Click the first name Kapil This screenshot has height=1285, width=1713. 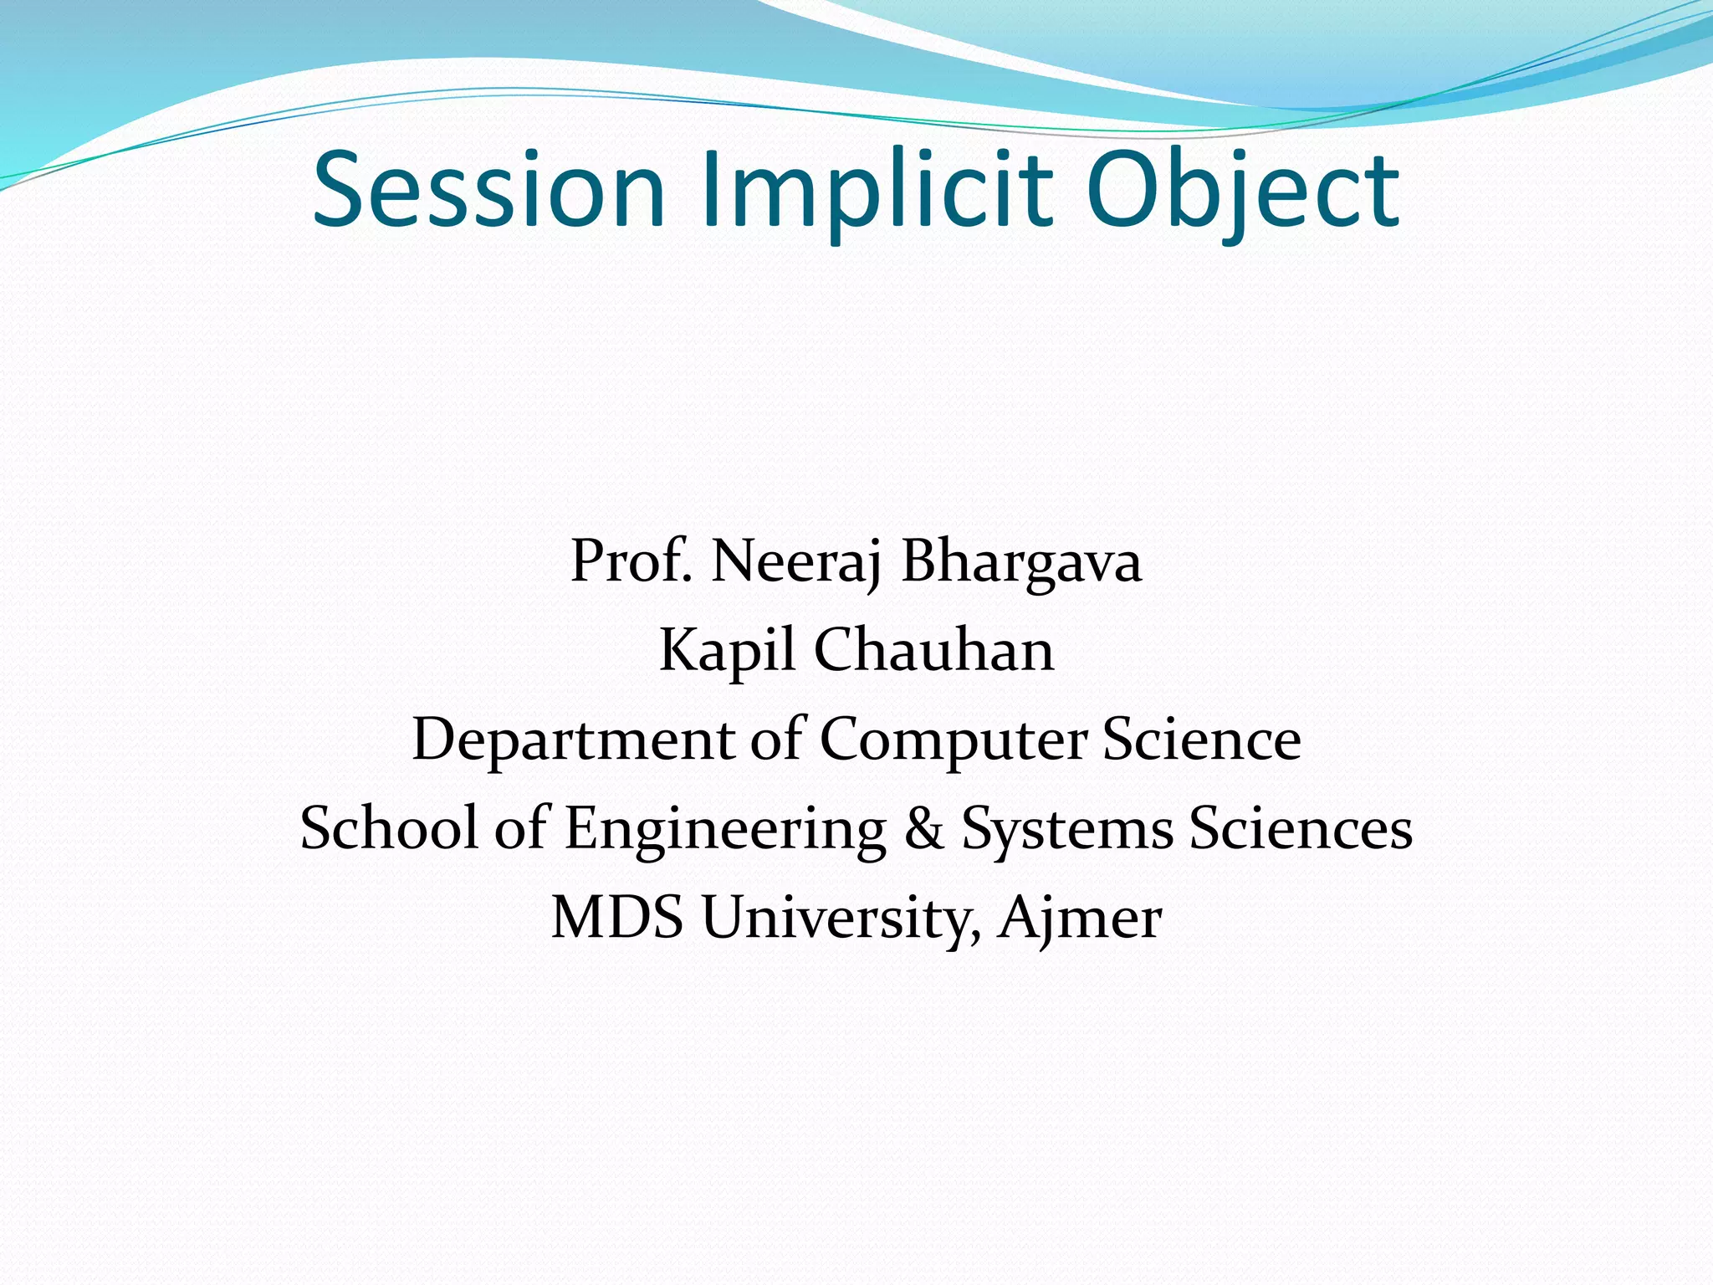726,650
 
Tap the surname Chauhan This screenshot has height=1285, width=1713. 933,650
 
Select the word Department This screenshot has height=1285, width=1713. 573,740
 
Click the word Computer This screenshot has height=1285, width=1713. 953,740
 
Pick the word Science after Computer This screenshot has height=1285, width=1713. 1202,740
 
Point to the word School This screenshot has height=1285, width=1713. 388,828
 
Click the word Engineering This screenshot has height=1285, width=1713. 724,828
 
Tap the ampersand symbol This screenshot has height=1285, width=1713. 923,828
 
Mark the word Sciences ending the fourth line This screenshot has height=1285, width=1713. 1301,828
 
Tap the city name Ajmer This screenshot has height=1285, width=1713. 1079,918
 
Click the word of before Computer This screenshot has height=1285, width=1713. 776,740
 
